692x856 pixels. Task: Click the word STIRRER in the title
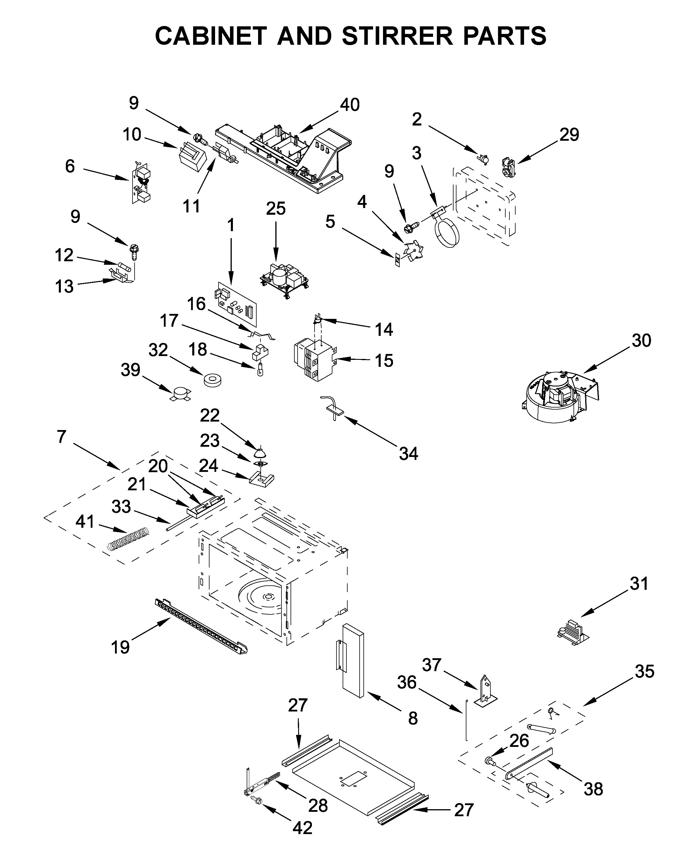pos(397,36)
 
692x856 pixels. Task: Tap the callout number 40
pos(350,105)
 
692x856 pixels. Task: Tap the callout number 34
pos(408,454)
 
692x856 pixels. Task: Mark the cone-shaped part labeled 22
pos(260,452)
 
